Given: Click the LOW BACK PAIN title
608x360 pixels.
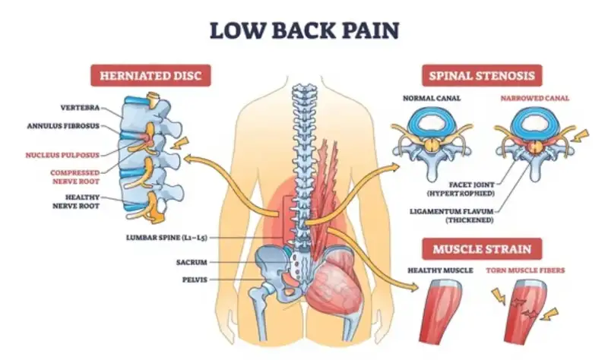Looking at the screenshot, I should click(303, 31).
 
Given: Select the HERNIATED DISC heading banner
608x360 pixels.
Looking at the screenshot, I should click(150, 76).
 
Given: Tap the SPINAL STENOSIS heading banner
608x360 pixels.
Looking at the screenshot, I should click(482, 76).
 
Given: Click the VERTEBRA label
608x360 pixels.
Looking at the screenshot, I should click(78, 107).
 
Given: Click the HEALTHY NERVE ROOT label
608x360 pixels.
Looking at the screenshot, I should click(80, 201).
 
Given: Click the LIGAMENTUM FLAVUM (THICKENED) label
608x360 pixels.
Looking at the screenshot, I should click(459, 215).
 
